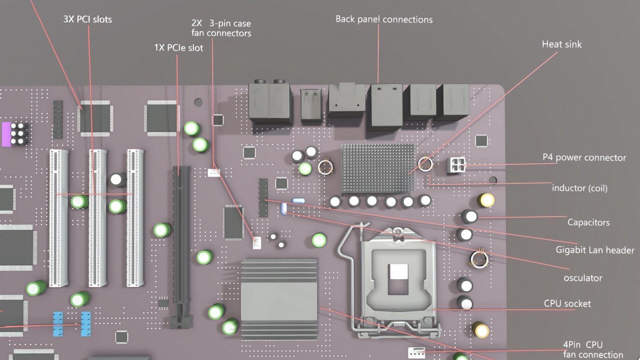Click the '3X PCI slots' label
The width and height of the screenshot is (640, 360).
pyautogui.click(x=88, y=19)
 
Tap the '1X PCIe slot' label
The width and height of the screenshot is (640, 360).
pyautogui.click(x=179, y=48)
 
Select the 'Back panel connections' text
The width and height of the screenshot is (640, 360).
pyautogui.click(x=384, y=19)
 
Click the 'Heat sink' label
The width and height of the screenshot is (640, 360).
pyautogui.click(x=562, y=44)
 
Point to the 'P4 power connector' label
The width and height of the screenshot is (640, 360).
pyautogui.click(x=584, y=158)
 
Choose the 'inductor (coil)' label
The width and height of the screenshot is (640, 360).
pyautogui.click(x=580, y=188)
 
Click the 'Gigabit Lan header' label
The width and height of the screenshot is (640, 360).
pyautogui.click(x=595, y=250)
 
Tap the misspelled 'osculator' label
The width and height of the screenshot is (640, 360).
pyautogui.click(x=583, y=278)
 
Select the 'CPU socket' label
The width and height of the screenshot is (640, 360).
pyautogui.click(x=567, y=304)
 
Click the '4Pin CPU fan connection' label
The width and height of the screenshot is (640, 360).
pyautogui.click(x=593, y=350)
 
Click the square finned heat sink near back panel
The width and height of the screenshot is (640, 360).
pyautogui.click(x=378, y=168)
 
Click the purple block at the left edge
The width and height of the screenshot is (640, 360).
pyautogui.click(x=6, y=134)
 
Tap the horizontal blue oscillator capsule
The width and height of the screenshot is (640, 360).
pyautogui.click(x=298, y=201)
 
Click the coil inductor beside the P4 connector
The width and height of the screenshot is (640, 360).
pyautogui.click(x=425, y=164)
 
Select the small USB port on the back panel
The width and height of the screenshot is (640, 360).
pyautogui.click(x=311, y=104)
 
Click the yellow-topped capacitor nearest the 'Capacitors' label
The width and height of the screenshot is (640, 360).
pyautogui.click(x=486, y=200)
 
